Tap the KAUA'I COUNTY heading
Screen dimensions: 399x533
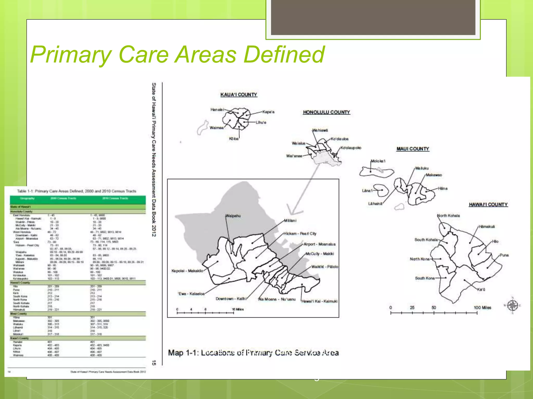(x=239, y=95)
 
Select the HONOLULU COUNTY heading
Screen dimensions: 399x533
(x=326, y=112)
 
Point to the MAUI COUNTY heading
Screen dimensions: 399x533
(x=413, y=149)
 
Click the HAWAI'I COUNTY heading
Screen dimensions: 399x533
(x=488, y=205)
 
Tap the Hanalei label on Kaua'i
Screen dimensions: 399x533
(x=217, y=110)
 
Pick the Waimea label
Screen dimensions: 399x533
(x=217, y=128)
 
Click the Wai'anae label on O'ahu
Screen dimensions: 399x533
(x=294, y=156)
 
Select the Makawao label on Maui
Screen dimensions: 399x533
(x=434, y=175)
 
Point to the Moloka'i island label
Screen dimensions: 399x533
(x=378, y=161)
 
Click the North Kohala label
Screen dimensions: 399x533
(x=449, y=216)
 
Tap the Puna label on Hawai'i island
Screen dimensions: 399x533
(x=504, y=255)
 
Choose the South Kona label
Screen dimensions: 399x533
(x=425, y=278)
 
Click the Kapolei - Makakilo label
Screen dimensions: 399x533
(x=187, y=271)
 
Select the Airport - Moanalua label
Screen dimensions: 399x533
(x=320, y=244)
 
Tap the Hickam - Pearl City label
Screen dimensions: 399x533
(x=300, y=234)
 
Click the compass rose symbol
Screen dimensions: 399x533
(x=513, y=305)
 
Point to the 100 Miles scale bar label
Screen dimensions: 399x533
(x=482, y=308)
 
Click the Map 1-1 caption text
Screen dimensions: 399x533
(x=253, y=353)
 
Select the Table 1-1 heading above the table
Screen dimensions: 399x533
(x=77, y=191)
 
